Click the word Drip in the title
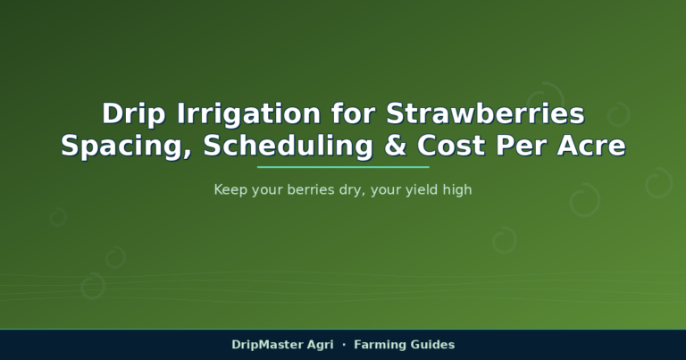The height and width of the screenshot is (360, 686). coord(134,114)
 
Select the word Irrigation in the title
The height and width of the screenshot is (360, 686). coord(249,113)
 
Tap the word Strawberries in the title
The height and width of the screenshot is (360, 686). coord(485,113)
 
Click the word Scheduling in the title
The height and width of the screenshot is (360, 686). coord(289,147)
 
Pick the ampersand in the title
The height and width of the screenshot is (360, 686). coord(395,146)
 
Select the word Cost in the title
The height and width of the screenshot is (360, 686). coord(450,146)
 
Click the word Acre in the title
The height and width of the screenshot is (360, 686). coord(591,146)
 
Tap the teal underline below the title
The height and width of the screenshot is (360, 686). coord(343,167)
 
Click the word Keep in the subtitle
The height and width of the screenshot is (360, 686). coord(230,190)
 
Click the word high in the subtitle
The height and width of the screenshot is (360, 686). coord(457,190)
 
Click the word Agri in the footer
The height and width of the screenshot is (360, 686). coord(321,345)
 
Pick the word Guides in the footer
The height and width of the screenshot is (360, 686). coord(433,345)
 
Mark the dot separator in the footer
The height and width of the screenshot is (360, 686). coord(344,345)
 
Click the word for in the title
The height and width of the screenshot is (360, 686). coord(354,113)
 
